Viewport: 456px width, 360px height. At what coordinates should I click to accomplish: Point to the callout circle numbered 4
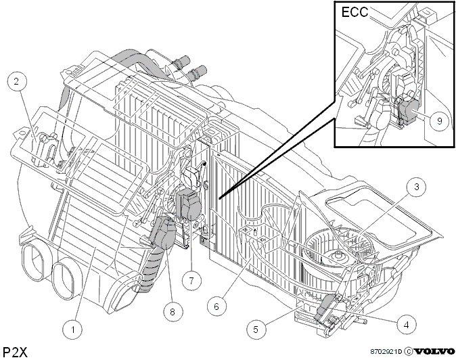(x=407, y=324)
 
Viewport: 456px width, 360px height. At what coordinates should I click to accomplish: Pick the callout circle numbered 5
(x=255, y=329)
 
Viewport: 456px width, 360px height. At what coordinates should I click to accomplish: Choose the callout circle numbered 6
(x=217, y=306)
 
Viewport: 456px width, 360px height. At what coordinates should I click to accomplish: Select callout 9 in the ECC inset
(x=439, y=120)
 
